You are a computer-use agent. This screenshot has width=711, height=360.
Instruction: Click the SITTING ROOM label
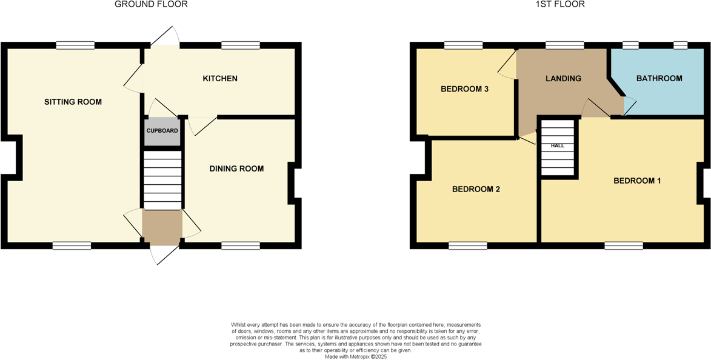coord(73,102)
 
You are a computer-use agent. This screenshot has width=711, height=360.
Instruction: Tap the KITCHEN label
coord(220,79)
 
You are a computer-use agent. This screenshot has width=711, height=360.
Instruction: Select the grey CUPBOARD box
coord(162,131)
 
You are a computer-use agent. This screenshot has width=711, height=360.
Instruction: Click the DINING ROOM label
coord(236,168)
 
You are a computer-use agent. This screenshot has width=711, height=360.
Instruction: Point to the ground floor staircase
coord(162,180)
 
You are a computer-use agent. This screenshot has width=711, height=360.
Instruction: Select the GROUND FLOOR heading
coord(151,4)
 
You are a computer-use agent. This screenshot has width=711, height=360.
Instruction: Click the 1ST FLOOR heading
coord(559,4)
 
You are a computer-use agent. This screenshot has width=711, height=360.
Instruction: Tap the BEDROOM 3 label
coord(464,89)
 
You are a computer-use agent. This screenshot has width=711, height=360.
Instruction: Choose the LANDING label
coord(563,79)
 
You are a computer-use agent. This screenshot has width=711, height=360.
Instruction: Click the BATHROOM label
coord(659,79)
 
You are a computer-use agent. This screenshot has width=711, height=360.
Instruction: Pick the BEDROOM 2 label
coord(476,189)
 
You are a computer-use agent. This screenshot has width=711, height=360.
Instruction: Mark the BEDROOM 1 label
coord(637,181)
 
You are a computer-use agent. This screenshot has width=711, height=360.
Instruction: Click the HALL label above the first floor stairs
coord(557,146)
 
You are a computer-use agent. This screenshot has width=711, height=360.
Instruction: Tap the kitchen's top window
coord(241,45)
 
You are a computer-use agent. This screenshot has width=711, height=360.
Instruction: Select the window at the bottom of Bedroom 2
coord(467,245)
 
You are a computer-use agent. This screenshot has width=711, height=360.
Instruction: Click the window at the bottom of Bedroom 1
coord(623,245)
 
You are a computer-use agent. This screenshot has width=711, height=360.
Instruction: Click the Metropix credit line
coord(355,357)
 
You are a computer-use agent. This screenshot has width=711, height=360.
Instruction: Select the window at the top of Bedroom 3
coord(463,45)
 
